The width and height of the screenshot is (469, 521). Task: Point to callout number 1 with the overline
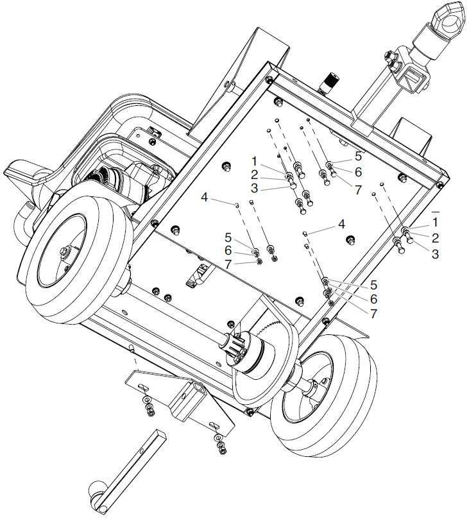[436, 222]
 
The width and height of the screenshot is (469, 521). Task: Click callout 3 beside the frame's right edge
[436, 254]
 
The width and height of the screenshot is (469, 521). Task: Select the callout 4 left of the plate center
[204, 198]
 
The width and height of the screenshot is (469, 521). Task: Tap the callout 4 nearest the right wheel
[341, 224]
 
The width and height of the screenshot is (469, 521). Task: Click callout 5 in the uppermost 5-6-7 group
[359, 155]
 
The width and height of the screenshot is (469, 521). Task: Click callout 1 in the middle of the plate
[254, 160]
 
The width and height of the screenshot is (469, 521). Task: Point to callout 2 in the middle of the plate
[254, 174]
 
